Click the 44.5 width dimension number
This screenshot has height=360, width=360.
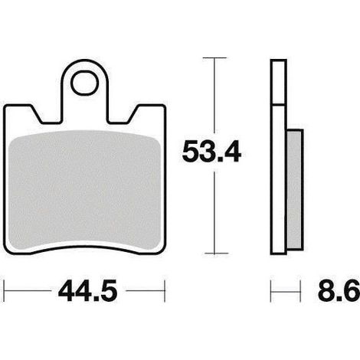[x=87, y=291]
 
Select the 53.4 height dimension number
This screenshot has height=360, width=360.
[x=211, y=152]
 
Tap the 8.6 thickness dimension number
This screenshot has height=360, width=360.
[x=339, y=291]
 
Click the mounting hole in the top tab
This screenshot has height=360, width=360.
[x=84, y=83]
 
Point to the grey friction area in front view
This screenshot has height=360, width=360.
[x=85, y=190]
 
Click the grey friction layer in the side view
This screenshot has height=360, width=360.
[x=295, y=189]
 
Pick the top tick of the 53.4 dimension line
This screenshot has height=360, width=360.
[x=214, y=58]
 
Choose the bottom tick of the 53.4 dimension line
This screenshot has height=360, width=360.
[x=217, y=254]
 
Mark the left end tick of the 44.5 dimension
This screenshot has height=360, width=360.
[x=5, y=291]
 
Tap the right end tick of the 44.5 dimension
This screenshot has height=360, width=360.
[x=165, y=291]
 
